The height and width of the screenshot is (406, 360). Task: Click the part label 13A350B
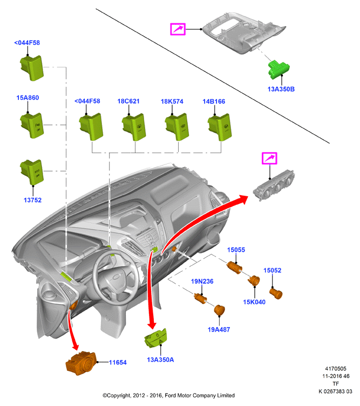pos(281,89)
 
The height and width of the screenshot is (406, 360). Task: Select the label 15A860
pos(28,98)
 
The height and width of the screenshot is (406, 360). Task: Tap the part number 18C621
pos(128,101)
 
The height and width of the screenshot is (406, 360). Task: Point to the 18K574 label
pos(172,101)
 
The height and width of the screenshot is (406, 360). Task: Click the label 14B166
pos(214,101)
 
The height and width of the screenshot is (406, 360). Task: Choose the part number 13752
pos(32,200)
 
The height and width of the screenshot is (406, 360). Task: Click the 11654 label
pos(118,362)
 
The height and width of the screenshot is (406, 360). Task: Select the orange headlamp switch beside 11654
pos(81,363)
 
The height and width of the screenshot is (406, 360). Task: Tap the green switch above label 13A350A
pos(156,338)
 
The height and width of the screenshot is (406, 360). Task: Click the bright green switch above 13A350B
pos(279,70)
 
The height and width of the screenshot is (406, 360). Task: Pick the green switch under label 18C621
pos(134,127)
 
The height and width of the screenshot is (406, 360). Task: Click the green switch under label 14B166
pos(220,127)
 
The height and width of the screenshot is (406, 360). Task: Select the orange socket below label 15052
pos(276,294)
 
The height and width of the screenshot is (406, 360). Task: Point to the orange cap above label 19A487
pos(220,310)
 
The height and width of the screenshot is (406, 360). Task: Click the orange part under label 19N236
pos(201,298)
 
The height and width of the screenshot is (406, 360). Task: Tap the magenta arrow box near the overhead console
pos(178,29)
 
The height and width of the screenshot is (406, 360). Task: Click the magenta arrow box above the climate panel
pos(269,158)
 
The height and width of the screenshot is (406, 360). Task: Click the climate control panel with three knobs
pos(274,185)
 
